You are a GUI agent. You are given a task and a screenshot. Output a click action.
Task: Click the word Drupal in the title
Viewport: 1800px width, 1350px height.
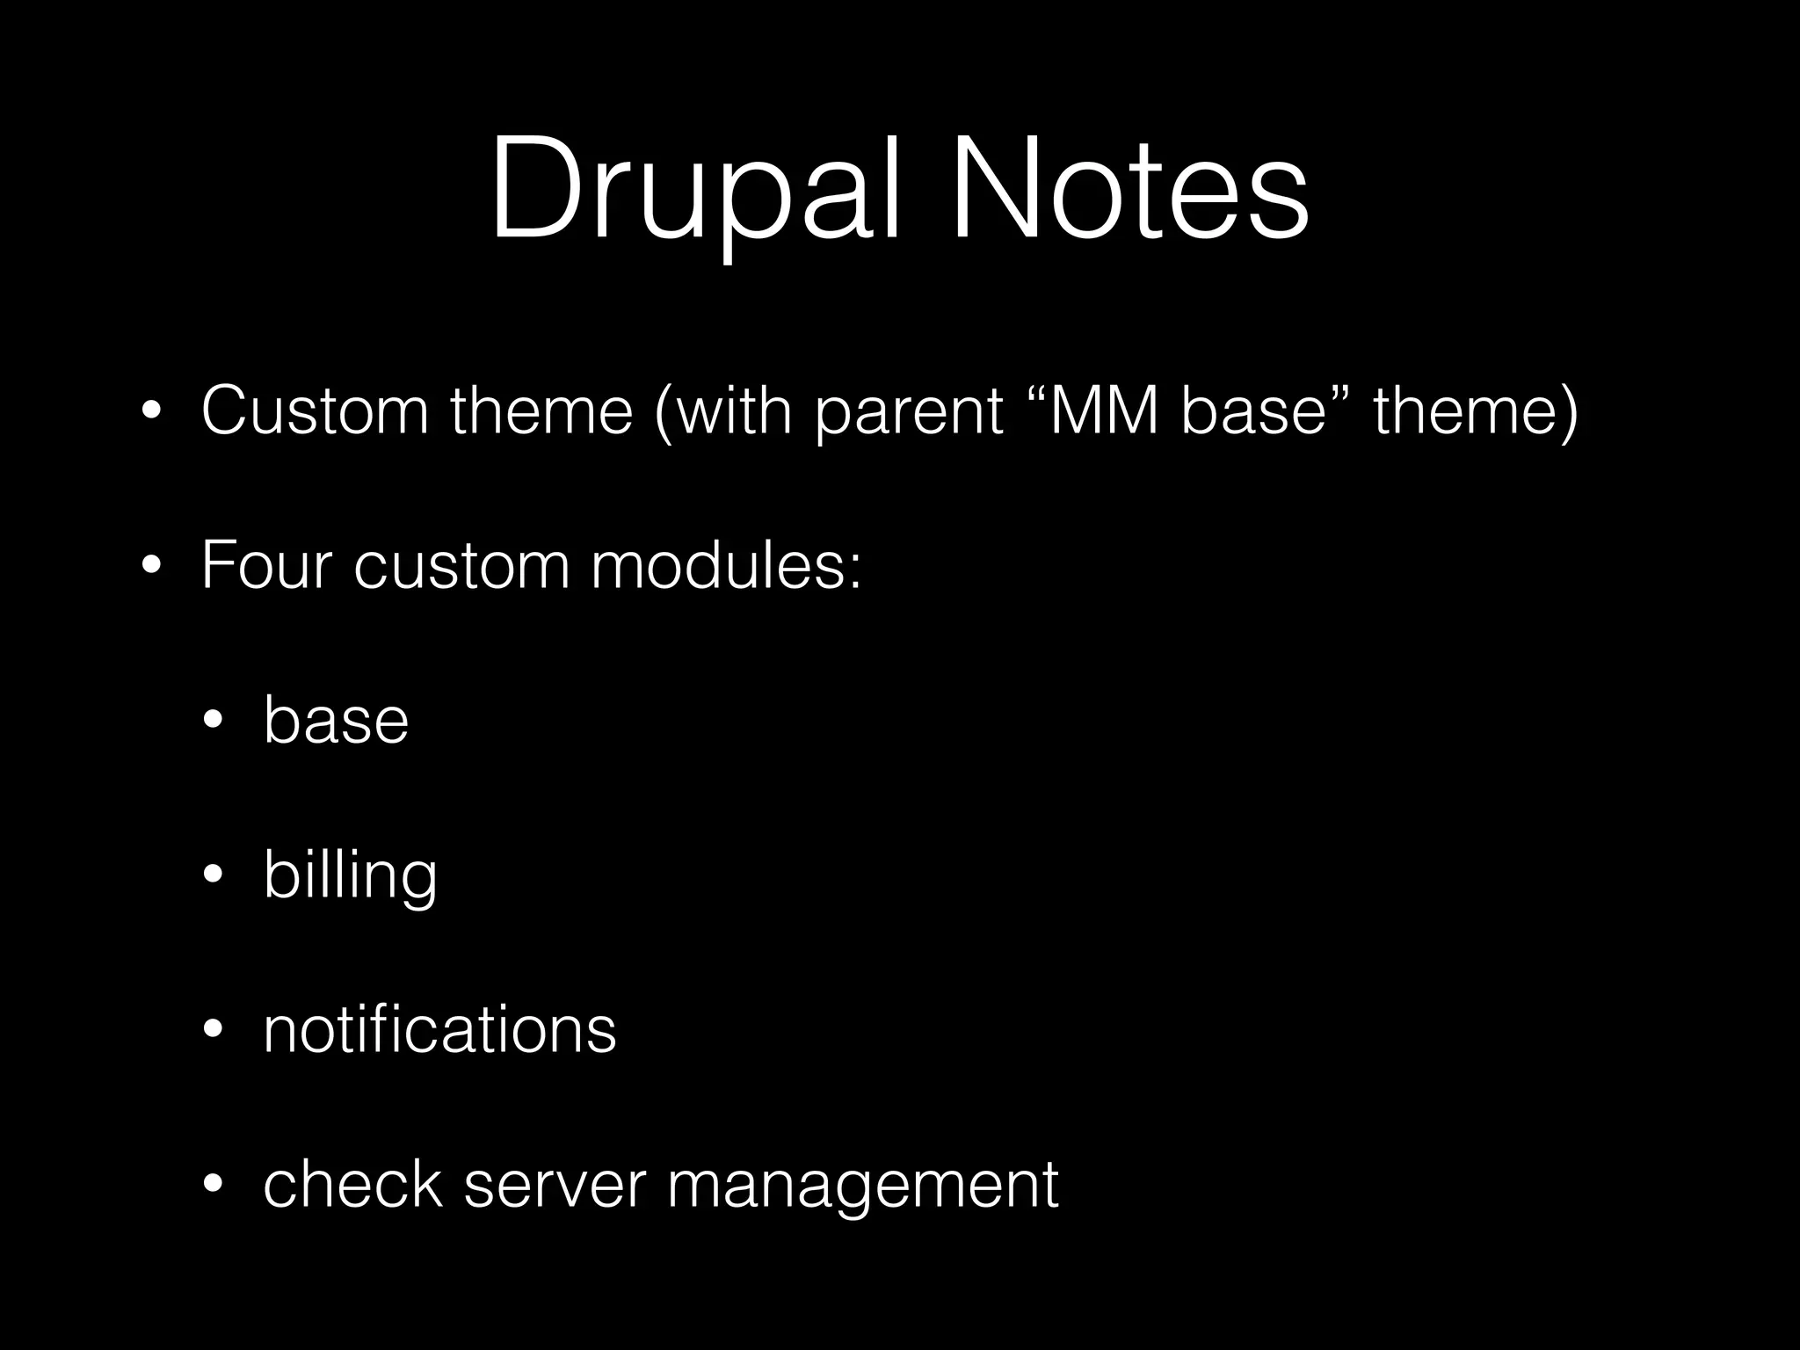point(694,189)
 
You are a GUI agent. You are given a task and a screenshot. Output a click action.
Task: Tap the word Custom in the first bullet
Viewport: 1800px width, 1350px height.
point(315,410)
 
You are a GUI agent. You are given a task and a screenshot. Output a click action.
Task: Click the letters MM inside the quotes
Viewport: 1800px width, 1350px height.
point(1104,410)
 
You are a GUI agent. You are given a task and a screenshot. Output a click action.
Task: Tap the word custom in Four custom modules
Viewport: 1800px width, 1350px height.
point(462,567)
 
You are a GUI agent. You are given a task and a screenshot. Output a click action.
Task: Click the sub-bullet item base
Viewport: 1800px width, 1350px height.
point(336,720)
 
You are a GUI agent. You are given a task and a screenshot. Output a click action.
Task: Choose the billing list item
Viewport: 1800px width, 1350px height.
point(350,875)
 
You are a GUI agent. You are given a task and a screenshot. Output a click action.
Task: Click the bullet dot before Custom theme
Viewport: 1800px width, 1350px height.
point(150,412)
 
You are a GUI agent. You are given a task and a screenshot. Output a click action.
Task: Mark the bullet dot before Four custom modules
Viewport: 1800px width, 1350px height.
point(150,567)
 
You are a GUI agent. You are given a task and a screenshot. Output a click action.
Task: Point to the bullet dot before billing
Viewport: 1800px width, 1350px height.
point(214,876)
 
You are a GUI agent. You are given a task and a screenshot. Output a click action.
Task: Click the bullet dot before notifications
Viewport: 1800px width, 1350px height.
point(214,1031)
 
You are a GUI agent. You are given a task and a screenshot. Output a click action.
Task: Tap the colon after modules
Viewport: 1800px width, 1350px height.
point(854,569)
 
